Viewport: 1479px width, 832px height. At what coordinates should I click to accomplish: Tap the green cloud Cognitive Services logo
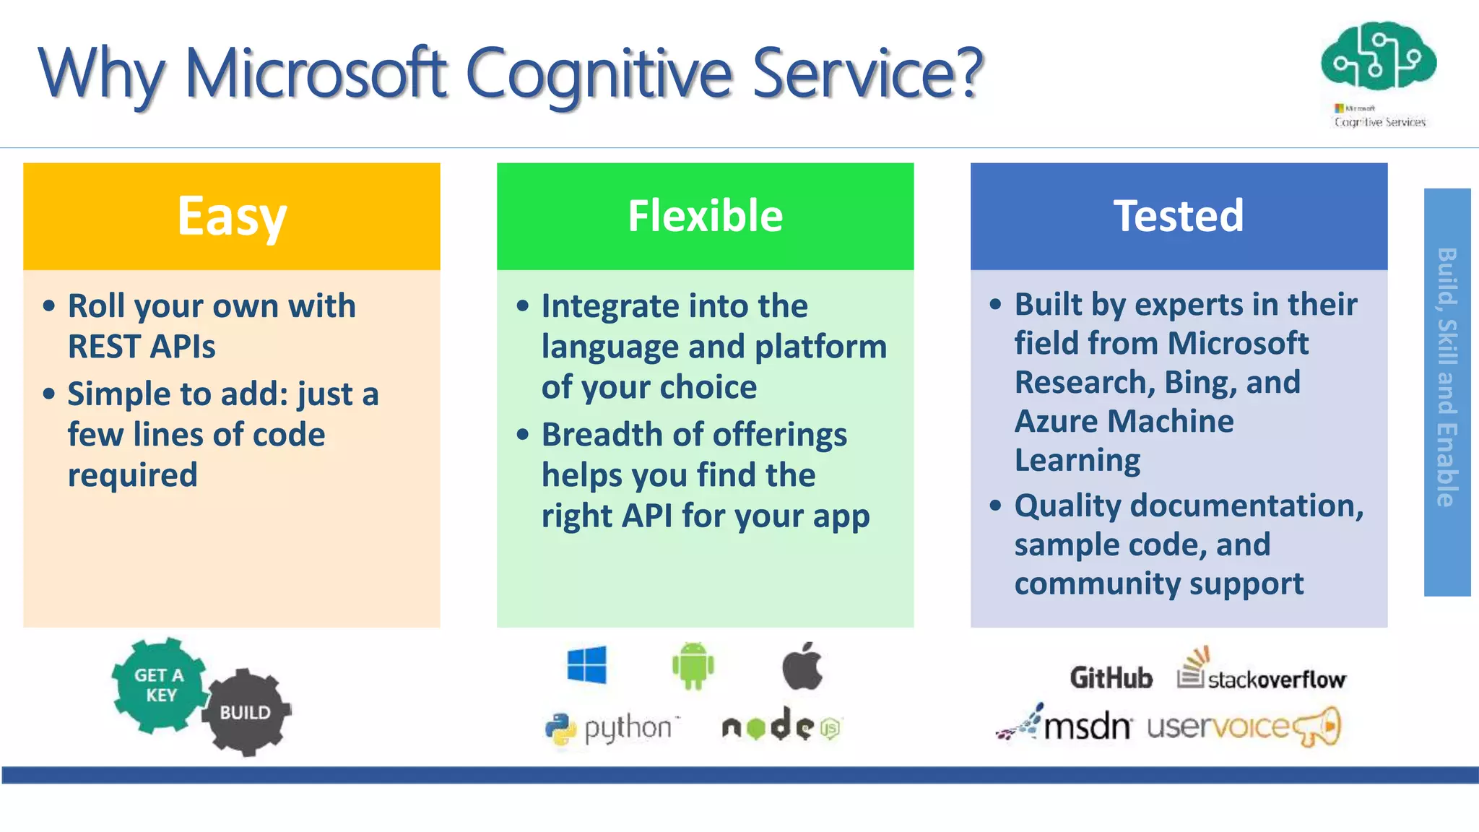[1378, 58]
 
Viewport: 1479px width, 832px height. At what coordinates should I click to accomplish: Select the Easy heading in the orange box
[232, 217]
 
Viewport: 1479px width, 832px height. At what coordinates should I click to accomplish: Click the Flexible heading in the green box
[705, 216]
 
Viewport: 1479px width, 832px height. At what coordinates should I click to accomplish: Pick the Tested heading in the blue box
[1179, 216]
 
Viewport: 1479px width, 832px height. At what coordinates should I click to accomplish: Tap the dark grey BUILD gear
[246, 712]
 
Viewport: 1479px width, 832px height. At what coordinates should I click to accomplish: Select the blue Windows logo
[586, 664]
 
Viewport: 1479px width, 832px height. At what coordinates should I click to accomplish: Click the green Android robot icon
[693, 665]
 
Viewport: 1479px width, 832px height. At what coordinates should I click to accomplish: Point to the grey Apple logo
[802, 665]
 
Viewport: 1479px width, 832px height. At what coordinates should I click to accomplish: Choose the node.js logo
[781, 726]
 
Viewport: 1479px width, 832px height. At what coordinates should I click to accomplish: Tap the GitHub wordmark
[1111, 677]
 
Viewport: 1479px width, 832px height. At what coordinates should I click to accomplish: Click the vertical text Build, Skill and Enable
[1447, 377]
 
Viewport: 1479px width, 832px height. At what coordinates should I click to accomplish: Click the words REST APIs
[142, 347]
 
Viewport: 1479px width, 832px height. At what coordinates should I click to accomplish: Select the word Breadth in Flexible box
[602, 435]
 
